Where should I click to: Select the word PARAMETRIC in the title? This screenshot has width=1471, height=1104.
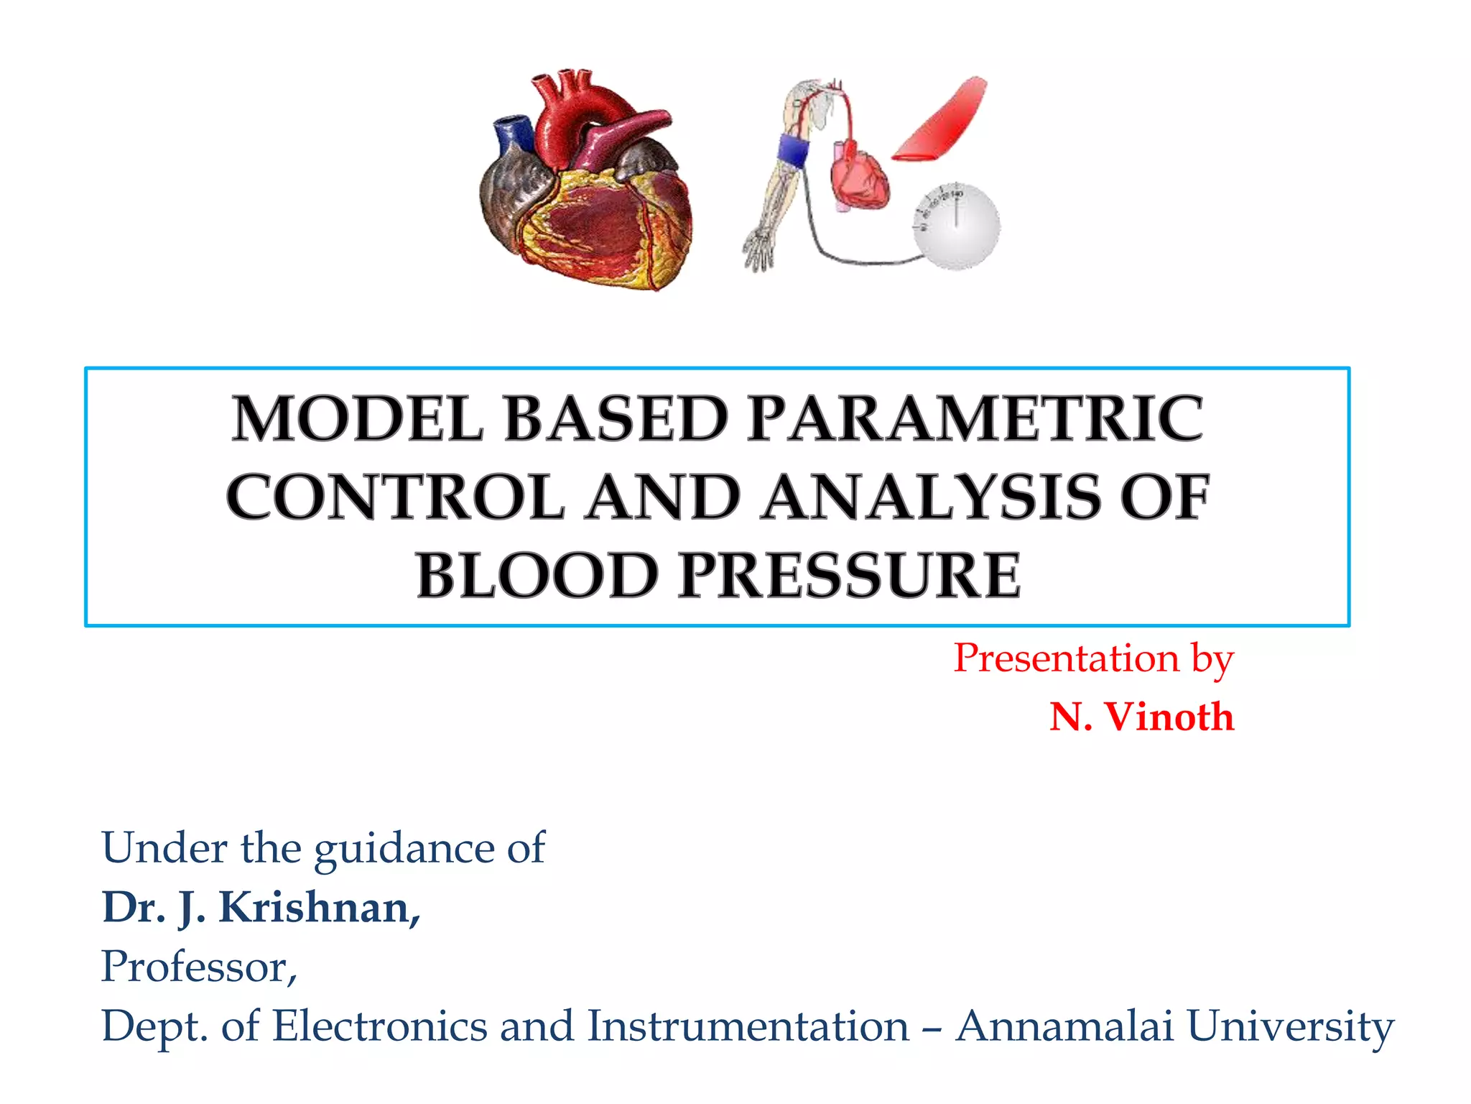[x=975, y=419]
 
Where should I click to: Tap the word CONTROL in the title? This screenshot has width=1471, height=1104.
[x=395, y=497]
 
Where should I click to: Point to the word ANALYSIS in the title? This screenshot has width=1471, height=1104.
[x=930, y=497]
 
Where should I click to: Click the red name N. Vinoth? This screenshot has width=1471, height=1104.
[x=1141, y=717]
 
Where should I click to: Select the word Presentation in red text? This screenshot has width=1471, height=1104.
[x=1066, y=658]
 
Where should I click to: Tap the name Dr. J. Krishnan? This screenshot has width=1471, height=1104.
[x=260, y=907]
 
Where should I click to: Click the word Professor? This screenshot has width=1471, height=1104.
[x=198, y=966]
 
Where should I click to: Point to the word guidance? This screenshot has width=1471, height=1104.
[x=404, y=848]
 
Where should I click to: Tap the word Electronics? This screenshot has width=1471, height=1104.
[x=380, y=1026]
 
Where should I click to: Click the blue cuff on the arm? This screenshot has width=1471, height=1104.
[x=792, y=149]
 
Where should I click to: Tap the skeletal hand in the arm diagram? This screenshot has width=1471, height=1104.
[x=758, y=250]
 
